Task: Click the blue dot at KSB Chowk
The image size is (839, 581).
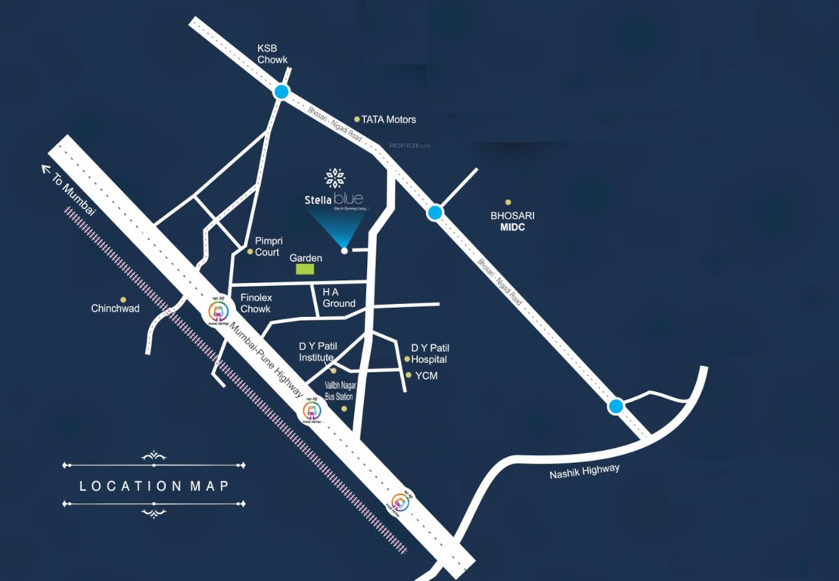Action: (x=281, y=92)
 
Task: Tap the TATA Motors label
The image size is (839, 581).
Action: (x=388, y=120)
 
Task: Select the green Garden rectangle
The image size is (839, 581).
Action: (x=305, y=269)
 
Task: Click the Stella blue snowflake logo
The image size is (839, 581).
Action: (x=334, y=179)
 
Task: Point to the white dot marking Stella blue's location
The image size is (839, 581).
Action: (x=344, y=250)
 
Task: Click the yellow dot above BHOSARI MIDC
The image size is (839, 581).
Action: (x=508, y=202)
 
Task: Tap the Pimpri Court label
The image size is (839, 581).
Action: (x=267, y=247)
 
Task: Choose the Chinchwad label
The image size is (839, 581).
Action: (x=115, y=309)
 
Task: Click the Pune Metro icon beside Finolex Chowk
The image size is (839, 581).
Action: (x=218, y=309)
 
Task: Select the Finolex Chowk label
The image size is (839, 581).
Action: (x=256, y=303)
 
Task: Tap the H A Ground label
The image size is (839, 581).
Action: (x=338, y=297)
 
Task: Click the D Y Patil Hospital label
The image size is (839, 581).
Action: (x=429, y=353)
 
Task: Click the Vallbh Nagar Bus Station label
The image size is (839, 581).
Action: (x=339, y=390)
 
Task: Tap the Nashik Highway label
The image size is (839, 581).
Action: (x=585, y=472)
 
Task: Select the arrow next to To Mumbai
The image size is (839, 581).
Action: (x=48, y=169)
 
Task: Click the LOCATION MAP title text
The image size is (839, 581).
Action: (x=154, y=486)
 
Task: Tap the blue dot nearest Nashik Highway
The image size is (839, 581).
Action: (x=616, y=406)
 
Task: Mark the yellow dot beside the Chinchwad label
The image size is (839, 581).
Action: (x=123, y=300)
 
